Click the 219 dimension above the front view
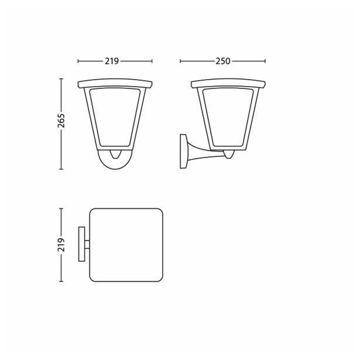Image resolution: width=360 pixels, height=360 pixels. [x=114, y=61]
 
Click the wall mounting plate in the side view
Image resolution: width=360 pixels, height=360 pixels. [x=183, y=152]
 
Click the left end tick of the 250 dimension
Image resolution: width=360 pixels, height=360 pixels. [x=180, y=61]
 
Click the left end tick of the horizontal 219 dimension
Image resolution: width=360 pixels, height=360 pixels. [x=78, y=61]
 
